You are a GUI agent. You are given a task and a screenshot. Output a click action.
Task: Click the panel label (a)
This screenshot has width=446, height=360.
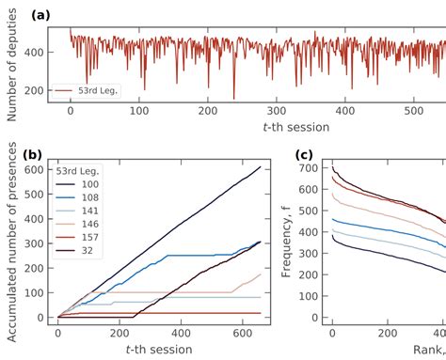tap(16, 16)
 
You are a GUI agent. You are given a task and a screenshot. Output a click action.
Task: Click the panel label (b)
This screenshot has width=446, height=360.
tap(16, 155)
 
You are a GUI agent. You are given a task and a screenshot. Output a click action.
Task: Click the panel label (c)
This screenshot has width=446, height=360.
tap(306, 155)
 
